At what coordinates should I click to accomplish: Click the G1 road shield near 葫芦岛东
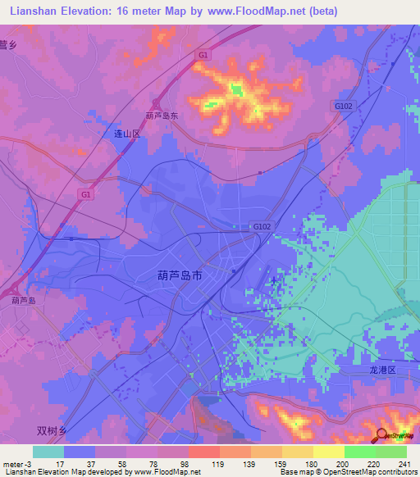(x=203, y=54)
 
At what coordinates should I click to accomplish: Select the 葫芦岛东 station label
(x=162, y=116)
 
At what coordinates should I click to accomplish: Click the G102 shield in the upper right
(x=343, y=106)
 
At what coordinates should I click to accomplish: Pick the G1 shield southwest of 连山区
(x=86, y=193)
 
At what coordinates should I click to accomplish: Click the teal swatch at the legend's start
(x=48, y=452)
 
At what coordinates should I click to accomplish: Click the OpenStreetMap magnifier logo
(x=381, y=435)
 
